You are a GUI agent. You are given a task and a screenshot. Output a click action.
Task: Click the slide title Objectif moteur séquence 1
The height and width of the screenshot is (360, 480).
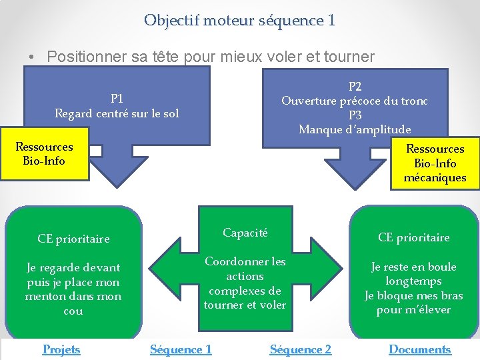pyautogui.click(x=239, y=21)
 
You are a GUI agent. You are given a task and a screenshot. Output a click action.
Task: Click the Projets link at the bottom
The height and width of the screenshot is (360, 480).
pyautogui.click(x=61, y=349)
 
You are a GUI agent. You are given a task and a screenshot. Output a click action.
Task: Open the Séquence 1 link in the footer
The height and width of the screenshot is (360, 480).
pyautogui.click(x=181, y=349)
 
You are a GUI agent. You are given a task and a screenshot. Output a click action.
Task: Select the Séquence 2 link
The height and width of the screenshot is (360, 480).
pyautogui.click(x=300, y=349)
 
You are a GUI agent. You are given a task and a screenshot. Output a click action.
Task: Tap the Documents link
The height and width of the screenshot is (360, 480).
pyautogui.click(x=419, y=349)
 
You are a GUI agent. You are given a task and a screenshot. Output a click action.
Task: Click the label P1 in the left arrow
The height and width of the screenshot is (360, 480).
pyautogui.click(x=117, y=99)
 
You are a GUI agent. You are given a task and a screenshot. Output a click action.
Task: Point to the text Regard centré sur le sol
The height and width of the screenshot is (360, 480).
pyautogui.click(x=117, y=113)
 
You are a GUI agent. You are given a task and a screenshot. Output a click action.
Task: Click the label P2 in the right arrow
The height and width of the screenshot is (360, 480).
pyautogui.click(x=355, y=87)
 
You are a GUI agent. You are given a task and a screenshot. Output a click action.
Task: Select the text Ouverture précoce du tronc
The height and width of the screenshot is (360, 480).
pyautogui.click(x=355, y=101)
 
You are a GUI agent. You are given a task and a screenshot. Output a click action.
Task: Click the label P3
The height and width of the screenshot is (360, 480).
pyautogui.click(x=355, y=115)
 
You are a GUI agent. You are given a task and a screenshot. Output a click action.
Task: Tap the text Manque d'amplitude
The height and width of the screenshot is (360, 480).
pyautogui.click(x=355, y=129)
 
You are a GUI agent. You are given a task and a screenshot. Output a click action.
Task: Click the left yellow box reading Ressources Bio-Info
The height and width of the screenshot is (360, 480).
pyautogui.click(x=45, y=154)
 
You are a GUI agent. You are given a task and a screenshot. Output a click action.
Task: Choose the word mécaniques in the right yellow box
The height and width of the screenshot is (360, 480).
pyautogui.click(x=435, y=178)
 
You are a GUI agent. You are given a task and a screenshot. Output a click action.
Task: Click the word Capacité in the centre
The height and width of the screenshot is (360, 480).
pyautogui.click(x=245, y=233)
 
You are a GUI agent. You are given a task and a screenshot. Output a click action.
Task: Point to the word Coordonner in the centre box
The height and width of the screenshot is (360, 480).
pyautogui.click(x=231, y=261)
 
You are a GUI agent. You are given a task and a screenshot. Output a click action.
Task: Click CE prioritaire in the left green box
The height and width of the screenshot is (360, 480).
pyautogui.click(x=73, y=239)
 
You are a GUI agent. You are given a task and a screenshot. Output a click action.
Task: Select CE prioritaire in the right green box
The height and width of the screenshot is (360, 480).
pyautogui.click(x=413, y=237)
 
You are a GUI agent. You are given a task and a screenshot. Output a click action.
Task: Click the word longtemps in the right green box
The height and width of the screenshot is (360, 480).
pyautogui.click(x=413, y=281)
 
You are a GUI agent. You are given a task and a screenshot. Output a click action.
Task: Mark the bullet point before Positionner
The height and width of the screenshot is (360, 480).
pyautogui.click(x=32, y=57)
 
